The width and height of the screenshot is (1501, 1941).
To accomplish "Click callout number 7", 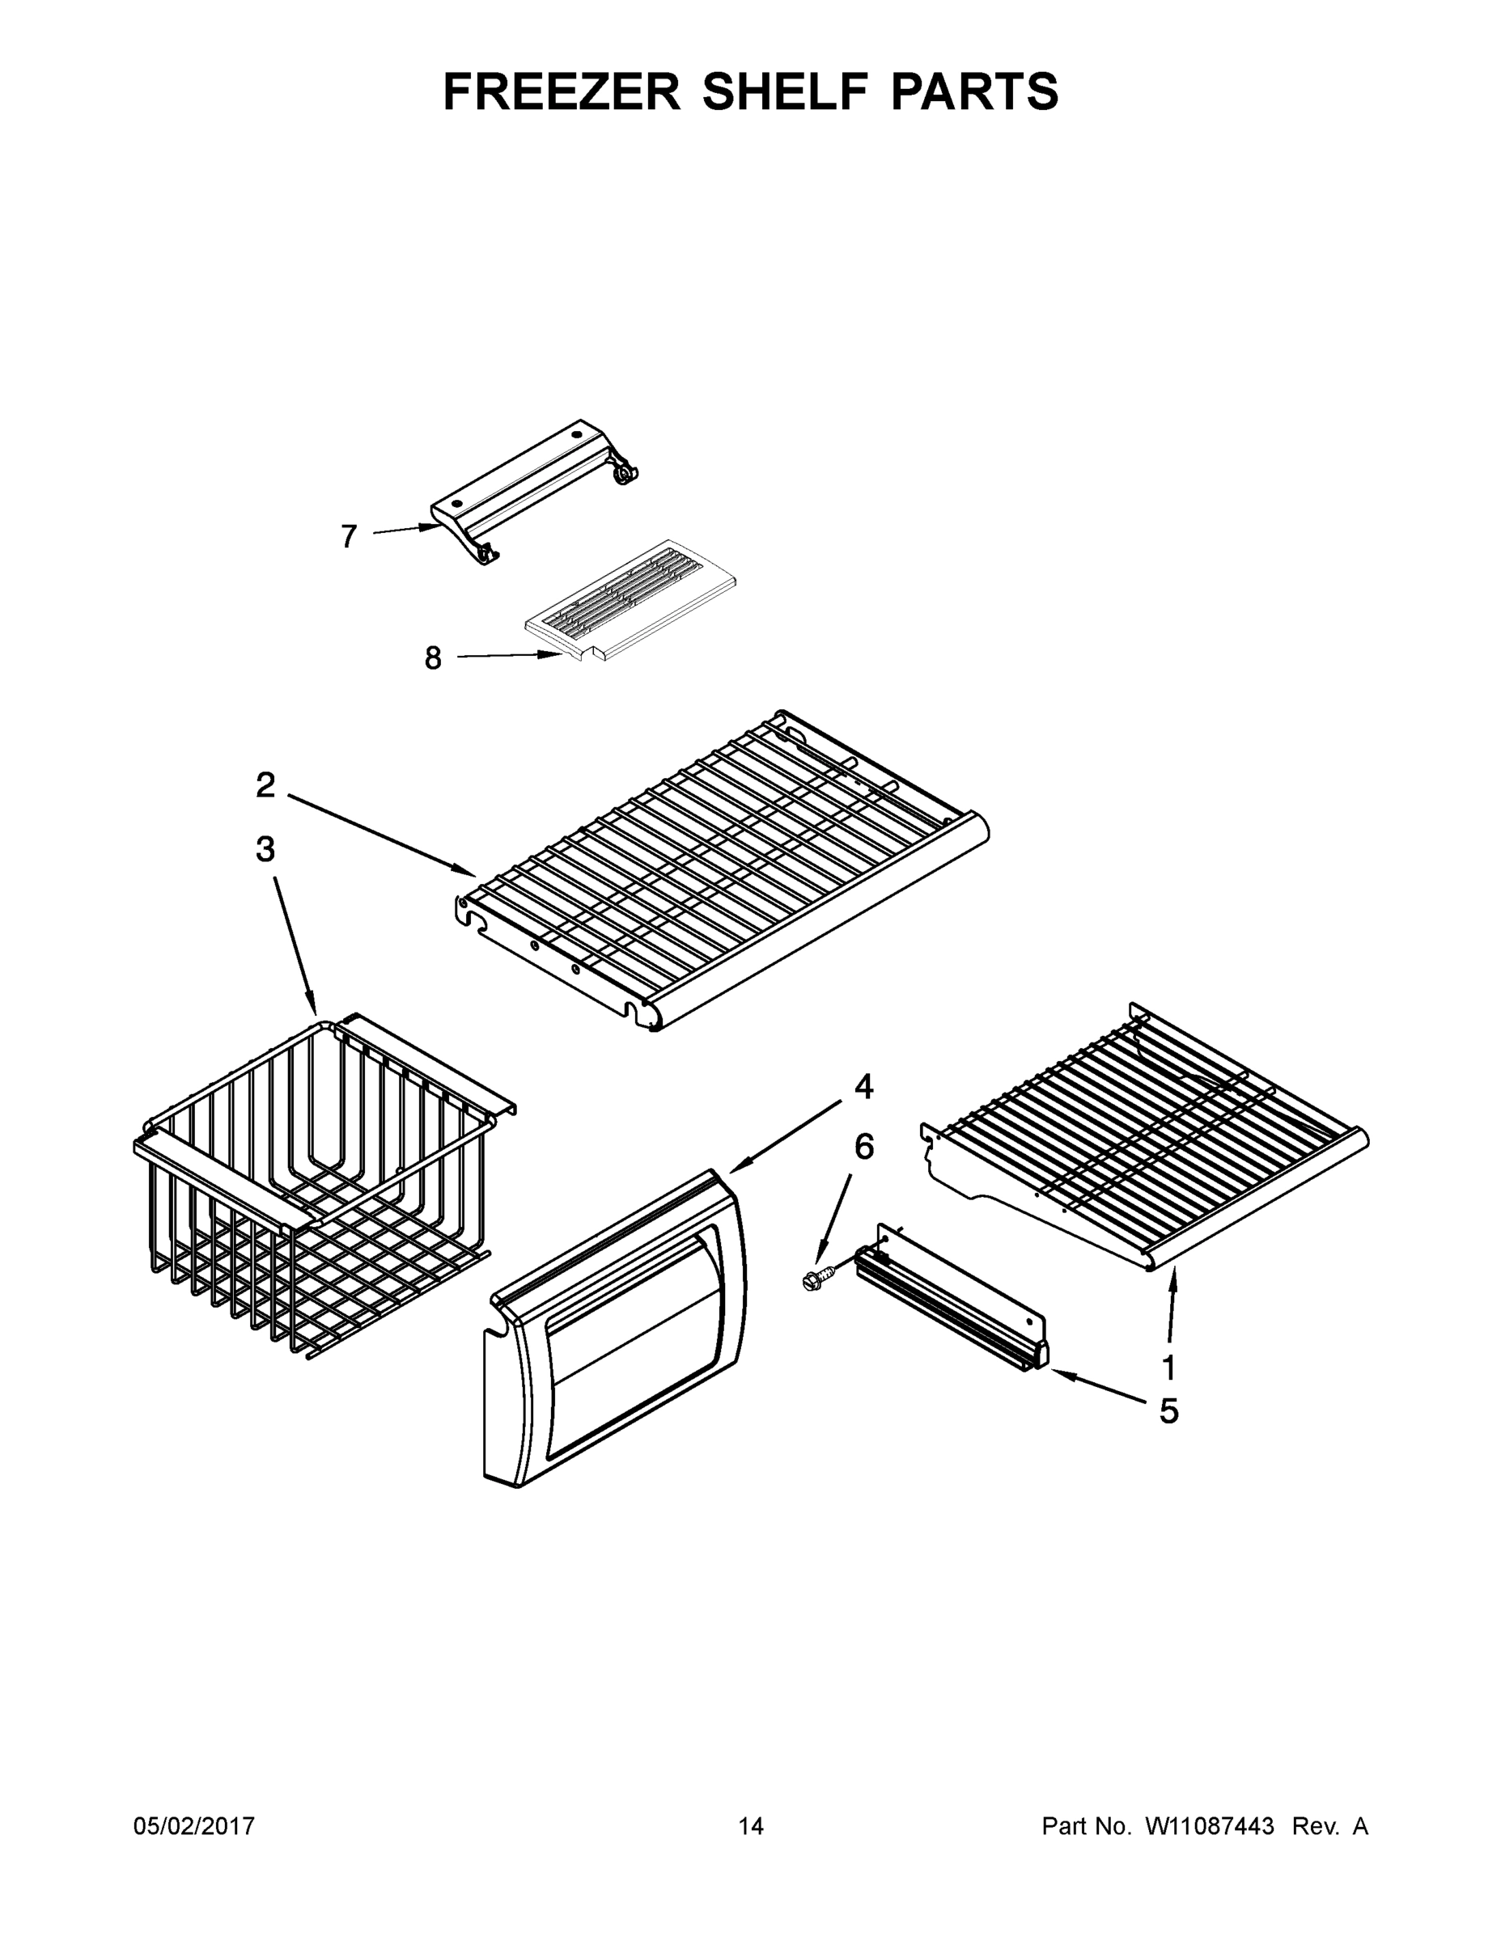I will tap(349, 536).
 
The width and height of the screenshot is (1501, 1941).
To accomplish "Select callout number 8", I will tap(433, 658).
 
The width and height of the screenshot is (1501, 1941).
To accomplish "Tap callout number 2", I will tap(265, 784).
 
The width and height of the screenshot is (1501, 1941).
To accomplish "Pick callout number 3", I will tap(265, 850).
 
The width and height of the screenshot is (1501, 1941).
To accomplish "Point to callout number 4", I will tap(863, 1086).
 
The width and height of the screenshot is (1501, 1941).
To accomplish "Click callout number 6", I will tap(863, 1147).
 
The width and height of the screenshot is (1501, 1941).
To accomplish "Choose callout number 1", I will tap(1168, 1368).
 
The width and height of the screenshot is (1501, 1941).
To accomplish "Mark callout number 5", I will tap(1168, 1410).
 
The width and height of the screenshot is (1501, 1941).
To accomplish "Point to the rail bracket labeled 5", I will tap(952, 1302).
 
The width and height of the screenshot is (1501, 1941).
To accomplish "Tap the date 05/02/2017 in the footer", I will tap(194, 1826).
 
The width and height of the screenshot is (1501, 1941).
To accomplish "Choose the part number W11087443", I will tap(1210, 1826).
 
